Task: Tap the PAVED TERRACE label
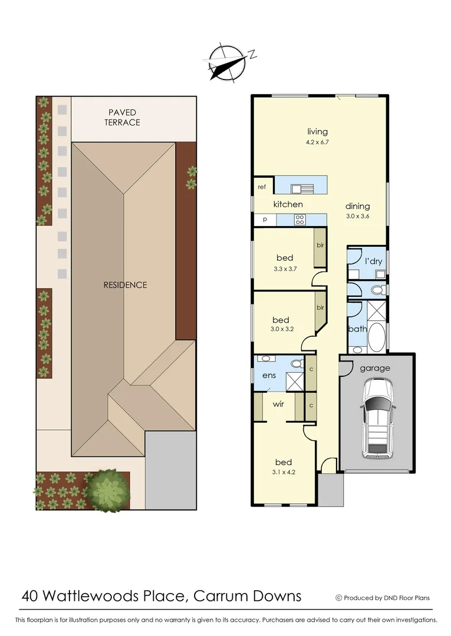[122, 117]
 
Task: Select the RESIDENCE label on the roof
[125, 285]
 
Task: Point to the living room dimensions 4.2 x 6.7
[317, 143]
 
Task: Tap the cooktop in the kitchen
[300, 220]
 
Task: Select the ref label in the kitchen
[262, 187]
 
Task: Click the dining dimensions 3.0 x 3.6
[357, 217]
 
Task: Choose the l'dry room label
[374, 261]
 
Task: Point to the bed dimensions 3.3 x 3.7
[285, 269]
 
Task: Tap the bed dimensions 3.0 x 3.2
[281, 330]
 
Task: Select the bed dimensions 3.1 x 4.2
[283, 472]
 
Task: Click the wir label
[279, 405]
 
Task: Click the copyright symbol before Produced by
[339, 598]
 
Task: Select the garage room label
[375, 368]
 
